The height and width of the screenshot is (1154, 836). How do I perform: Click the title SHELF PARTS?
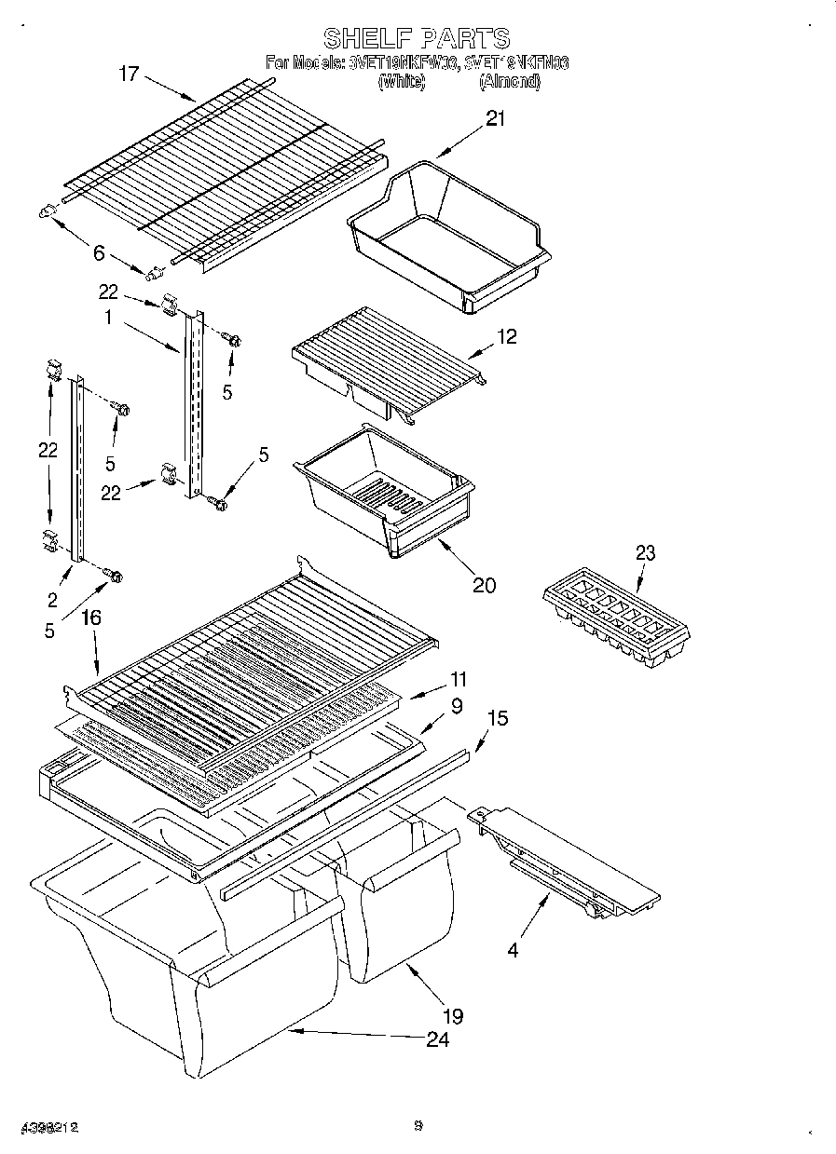[x=417, y=38]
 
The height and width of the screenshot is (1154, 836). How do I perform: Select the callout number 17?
[x=129, y=74]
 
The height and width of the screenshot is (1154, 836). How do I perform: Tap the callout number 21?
[x=495, y=118]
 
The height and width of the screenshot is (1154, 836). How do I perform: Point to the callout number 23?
[x=645, y=553]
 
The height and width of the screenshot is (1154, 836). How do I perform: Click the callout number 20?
[x=484, y=585]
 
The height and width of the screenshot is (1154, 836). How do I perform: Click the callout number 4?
[x=512, y=950]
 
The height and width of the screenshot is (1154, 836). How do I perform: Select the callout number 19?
[x=453, y=1015]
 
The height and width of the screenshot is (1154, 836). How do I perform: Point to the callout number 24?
[x=437, y=1039]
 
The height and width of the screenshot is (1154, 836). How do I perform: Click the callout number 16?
[x=91, y=618]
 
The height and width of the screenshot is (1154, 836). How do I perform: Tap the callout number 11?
[x=458, y=680]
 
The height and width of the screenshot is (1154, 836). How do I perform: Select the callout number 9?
[x=456, y=706]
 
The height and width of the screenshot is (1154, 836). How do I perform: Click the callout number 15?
[x=499, y=718]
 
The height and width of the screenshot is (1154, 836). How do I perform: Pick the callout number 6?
[x=99, y=251]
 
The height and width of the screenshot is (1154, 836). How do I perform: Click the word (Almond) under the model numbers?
[x=509, y=82]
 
